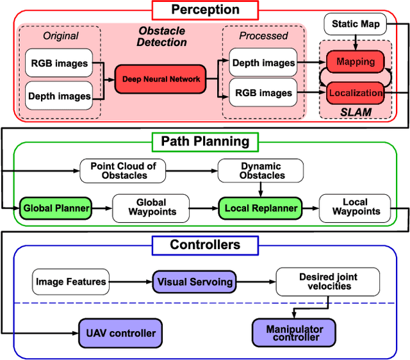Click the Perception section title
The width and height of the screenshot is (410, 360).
[x=204, y=10]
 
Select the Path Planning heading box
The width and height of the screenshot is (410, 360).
[x=204, y=140]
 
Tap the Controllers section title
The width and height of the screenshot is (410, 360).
[x=204, y=245]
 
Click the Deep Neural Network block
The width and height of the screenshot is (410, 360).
[x=161, y=79]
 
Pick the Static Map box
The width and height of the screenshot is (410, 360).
[x=356, y=24]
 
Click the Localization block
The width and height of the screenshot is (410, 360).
[x=355, y=93]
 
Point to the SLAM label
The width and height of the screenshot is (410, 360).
[x=355, y=111]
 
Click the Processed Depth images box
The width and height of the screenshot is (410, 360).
[x=263, y=63]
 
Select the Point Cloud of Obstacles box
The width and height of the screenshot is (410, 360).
[x=123, y=170]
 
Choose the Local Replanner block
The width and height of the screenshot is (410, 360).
[x=261, y=208]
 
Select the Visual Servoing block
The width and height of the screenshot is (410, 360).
[x=195, y=281]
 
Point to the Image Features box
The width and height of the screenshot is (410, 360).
[x=70, y=281]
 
